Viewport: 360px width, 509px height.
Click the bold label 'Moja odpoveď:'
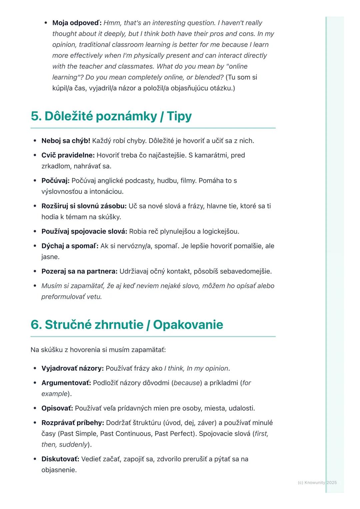(x=77, y=23)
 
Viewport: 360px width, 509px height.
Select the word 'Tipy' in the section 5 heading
(x=179, y=116)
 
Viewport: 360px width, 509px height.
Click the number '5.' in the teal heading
(x=36, y=116)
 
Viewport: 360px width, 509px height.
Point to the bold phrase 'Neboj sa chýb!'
(x=66, y=141)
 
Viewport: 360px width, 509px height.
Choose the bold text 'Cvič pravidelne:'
(x=68, y=155)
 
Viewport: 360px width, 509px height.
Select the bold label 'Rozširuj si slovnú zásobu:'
(x=84, y=206)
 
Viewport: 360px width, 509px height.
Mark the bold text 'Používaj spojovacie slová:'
(x=84, y=232)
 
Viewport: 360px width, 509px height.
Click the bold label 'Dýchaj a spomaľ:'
(x=70, y=246)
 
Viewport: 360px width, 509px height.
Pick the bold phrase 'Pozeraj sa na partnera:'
(x=79, y=271)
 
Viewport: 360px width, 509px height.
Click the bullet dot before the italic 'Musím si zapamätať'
(x=35, y=286)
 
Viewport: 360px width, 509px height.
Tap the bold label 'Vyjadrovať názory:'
(x=73, y=368)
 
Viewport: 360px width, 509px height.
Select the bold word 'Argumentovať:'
(x=66, y=383)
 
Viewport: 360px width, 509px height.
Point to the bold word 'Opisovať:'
(x=57, y=408)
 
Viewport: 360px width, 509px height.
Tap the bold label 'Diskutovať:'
(x=60, y=459)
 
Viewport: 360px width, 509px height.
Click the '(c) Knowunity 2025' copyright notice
(x=317, y=483)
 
